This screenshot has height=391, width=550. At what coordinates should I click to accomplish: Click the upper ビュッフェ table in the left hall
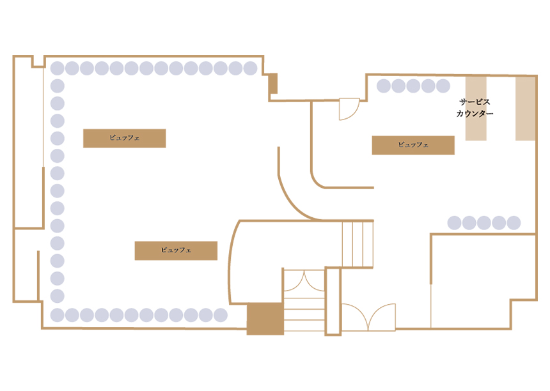click(124, 138)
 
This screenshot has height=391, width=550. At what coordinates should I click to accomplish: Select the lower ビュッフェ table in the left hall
click(176, 250)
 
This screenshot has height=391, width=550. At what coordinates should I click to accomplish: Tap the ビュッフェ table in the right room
click(413, 145)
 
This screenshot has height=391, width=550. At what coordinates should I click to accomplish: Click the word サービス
click(474, 102)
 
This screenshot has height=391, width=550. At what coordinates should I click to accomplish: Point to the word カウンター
click(475, 114)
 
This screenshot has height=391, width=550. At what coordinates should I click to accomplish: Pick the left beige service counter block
click(476, 108)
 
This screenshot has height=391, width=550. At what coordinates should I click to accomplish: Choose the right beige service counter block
click(525, 108)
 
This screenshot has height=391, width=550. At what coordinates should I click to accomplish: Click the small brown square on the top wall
click(272, 83)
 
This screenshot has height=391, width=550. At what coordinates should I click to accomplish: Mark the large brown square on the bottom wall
click(265, 318)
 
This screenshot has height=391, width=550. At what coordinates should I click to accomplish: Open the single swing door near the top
click(349, 109)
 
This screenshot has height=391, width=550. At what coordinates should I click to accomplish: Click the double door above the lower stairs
click(304, 280)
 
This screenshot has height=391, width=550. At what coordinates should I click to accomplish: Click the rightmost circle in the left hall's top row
click(250, 68)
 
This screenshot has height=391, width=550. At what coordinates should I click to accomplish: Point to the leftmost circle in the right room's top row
click(384, 86)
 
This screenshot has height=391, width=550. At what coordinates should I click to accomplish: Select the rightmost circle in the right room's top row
click(443, 86)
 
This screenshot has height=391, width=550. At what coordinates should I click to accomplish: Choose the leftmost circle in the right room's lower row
click(454, 222)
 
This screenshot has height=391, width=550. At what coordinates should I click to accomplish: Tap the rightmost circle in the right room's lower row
click(513, 222)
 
